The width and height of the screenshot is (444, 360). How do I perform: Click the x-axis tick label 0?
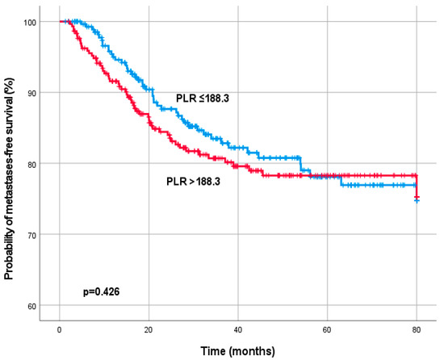coord(60,331)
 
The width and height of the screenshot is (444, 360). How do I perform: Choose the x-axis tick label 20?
coord(149,331)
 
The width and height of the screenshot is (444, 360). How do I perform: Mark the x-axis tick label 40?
coord(238,331)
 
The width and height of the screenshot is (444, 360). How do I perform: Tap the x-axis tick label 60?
coord(327,331)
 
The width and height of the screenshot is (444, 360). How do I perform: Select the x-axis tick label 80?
coord(417,331)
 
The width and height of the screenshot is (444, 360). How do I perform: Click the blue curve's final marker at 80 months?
coord(417,199)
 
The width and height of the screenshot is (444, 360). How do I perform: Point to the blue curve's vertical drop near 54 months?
coord(301,164)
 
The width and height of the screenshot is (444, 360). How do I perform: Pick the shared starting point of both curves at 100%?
coord(61,21)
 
